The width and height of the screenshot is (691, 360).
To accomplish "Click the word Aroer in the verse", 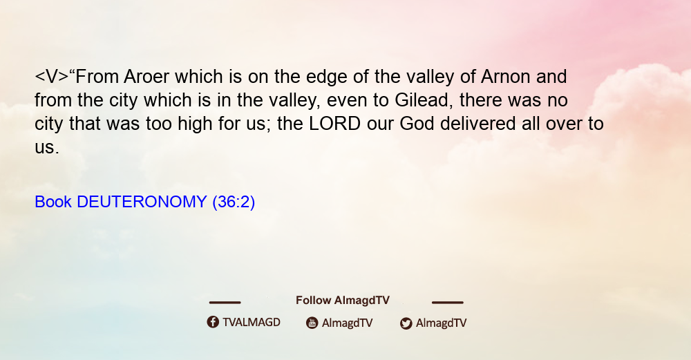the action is [x=146, y=77].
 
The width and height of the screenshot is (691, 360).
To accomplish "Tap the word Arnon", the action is [x=506, y=77].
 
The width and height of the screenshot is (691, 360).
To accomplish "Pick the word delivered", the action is [x=477, y=124].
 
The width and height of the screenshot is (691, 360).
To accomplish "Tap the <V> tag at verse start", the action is [x=52, y=77].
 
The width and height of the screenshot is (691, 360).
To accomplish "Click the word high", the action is [x=196, y=124].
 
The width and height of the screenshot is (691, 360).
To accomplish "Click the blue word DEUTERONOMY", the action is [x=142, y=202].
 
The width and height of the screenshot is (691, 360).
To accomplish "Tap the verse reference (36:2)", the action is [x=234, y=202].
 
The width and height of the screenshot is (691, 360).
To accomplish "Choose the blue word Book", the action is [x=53, y=202].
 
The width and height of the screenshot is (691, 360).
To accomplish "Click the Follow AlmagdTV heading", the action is [x=343, y=301].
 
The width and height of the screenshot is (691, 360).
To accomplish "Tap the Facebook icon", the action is [x=213, y=322].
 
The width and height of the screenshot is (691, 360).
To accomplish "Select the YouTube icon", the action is [x=312, y=323].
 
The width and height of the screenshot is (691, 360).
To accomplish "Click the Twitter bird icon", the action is [x=406, y=323].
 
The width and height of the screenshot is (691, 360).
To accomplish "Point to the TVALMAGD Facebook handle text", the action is [x=252, y=323].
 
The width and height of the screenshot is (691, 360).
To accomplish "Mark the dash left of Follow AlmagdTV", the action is [x=225, y=303].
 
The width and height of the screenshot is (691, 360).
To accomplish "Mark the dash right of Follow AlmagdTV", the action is [x=448, y=303].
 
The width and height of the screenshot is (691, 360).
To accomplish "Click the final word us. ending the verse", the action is [x=47, y=148].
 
